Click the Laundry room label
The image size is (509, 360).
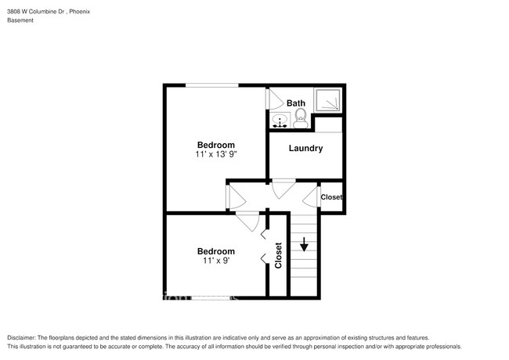click(305, 149)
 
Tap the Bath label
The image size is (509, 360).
click(295, 103)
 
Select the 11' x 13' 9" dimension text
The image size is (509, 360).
click(215, 155)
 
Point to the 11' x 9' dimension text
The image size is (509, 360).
click(215, 261)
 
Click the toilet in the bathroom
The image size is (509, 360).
click(299, 119)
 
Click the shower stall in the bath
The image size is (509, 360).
click(327, 100)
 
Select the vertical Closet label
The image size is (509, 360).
click(279, 255)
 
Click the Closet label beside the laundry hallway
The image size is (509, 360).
click(331, 197)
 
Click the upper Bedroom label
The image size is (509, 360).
click(215, 145)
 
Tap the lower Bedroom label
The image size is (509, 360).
click(215, 251)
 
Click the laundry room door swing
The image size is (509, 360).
click(283, 189)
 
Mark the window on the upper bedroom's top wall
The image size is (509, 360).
click(211, 85)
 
